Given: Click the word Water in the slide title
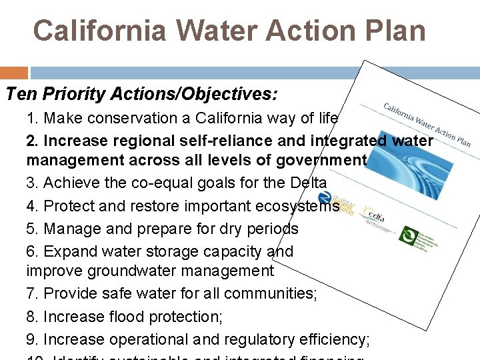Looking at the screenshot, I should point(212,31).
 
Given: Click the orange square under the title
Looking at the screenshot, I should point(14,73).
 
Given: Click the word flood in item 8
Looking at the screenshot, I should point(130,316).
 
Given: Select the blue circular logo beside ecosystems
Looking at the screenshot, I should point(325,198).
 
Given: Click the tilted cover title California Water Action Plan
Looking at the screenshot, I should point(427,124).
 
